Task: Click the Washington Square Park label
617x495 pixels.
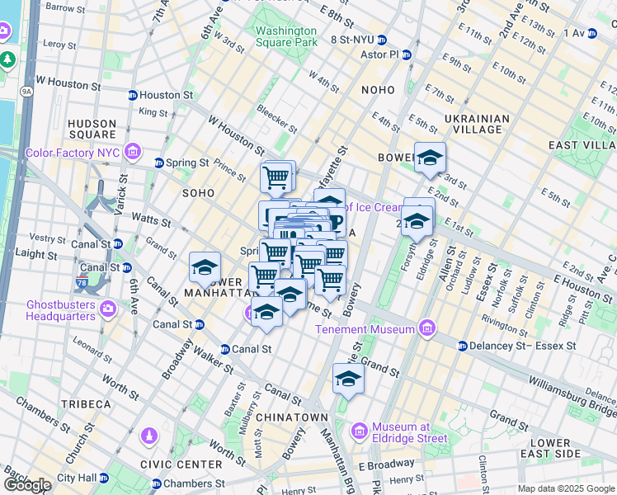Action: tap(286, 36)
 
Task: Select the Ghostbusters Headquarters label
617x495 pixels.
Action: tap(62, 309)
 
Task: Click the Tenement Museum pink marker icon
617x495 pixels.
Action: tap(426, 329)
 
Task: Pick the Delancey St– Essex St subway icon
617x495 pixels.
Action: tap(462, 346)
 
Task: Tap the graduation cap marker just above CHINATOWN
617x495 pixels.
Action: tap(348, 379)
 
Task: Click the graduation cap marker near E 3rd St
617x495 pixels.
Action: tap(430, 158)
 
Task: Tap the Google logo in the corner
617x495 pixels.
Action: tap(27, 484)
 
